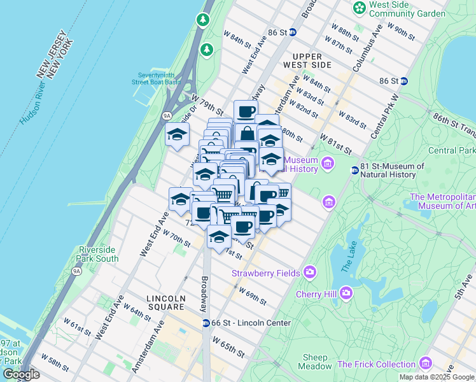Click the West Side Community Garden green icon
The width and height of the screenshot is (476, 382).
(360, 8)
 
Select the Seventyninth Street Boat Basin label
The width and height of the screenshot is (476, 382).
(155, 78)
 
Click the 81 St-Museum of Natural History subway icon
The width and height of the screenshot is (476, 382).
(355, 170)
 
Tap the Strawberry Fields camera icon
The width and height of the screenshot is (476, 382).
(310, 272)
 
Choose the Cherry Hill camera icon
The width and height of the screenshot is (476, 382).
(346, 293)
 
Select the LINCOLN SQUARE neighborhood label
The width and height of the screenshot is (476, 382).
(165, 303)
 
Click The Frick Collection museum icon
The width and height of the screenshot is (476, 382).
(426, 364)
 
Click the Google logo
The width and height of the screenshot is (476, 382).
(22, 374)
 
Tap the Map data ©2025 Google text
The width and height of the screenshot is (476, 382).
(436, 377)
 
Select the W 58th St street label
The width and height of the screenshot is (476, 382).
(54, 364)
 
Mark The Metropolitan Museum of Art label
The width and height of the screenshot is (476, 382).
(443, 201)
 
